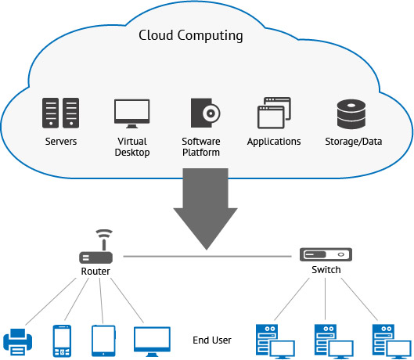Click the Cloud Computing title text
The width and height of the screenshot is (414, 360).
pos(191,35)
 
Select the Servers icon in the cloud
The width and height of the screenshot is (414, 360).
pos(60,113)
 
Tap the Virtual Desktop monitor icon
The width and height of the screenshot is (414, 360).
pos(131,113)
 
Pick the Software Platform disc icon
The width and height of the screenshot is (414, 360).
pos(205,113)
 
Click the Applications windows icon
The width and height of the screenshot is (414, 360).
pos(274,113)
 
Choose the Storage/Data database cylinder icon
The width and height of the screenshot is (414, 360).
pos(351,114)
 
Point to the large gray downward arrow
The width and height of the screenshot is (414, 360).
pos(205,209)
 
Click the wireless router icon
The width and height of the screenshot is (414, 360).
pos(96,247)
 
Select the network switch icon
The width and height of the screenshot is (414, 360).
pos(326,254)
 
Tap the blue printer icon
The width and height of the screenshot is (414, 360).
pos(18,342)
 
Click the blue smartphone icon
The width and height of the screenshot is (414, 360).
pos(62,340)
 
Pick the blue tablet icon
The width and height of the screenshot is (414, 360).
pos(103,340)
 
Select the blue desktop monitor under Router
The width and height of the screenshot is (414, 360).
pos(152,341)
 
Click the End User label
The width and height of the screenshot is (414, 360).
pos(212,340)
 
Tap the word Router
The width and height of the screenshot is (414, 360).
pos(95,272)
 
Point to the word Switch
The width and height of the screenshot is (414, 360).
pos(326,270)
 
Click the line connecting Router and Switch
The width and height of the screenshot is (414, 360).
pos(207,256)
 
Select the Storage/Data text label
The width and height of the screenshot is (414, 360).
pos(354,142)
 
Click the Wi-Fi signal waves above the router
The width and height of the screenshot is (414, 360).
pos(104,233)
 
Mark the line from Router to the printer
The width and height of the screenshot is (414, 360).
pos(51,301)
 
